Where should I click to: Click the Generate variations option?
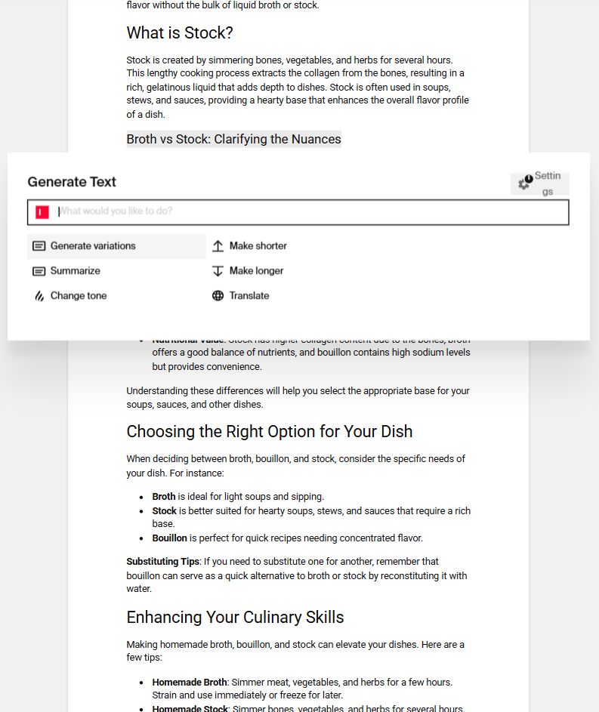pyautogui.click(x=93, y=246)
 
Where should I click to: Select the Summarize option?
pyautogui.click(x=75, y=271)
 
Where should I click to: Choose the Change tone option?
pyautogui.click(x=79, y=296)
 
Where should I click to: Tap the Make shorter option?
pyautogui.click(x=258, y=246)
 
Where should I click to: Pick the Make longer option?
pyautogui.click(x=256, y=271)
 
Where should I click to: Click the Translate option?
pyautogui.click(x=249, y=296)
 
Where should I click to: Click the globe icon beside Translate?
pyautogui.click(x=218, y=296)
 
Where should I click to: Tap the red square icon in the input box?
pyautogui.click(x=42, y=212)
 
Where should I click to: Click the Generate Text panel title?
pyautogui.click(x=72, y=182)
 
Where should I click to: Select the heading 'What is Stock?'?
pyautogui.click(x=180, y=33)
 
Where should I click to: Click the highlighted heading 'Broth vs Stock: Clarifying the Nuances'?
pyautogui.click(x=233, y=139)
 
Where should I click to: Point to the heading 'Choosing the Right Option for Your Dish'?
pyautogui.click(x=270, y=432)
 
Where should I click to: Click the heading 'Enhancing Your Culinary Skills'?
pyautogui.click(x=235, y=618)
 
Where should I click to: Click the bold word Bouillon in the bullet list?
pyautogui.click(x=169, y=538)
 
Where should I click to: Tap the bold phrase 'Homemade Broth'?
pyautogui.click(x=189, y=683)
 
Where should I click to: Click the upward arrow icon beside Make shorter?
pyautogui.click(x=218, y=246)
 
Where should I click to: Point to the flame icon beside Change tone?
pyautogui.click(x=39, y=296)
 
